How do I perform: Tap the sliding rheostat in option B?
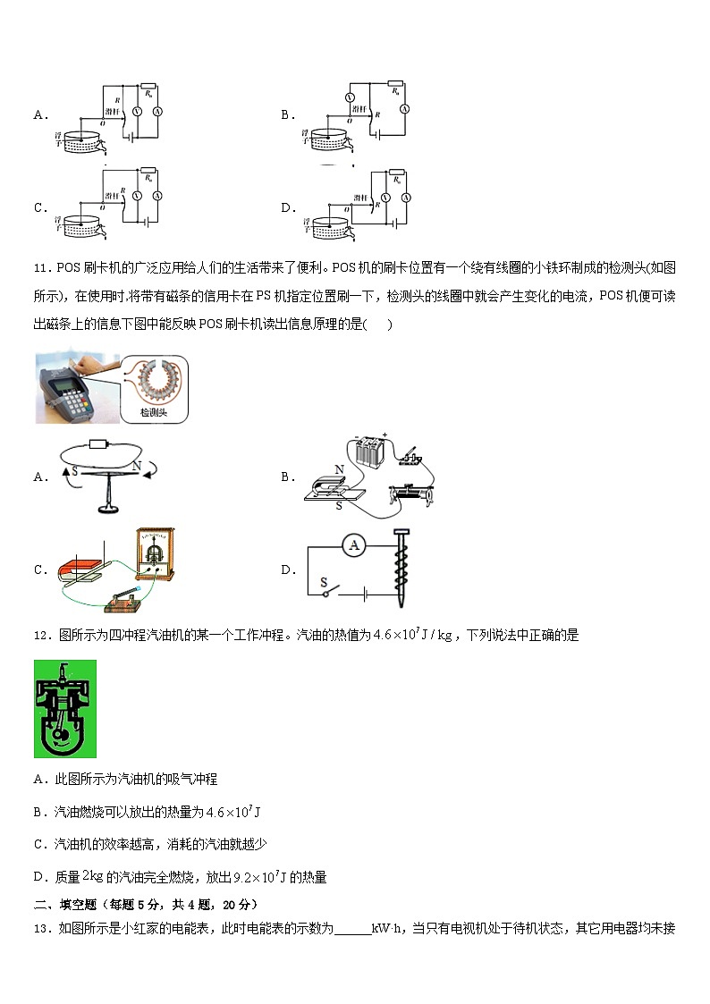[411, 493]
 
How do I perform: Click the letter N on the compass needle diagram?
[137, 465]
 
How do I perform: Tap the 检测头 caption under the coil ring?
[153, 412]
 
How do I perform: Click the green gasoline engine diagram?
[64, 708]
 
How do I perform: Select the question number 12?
[41, 636]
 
